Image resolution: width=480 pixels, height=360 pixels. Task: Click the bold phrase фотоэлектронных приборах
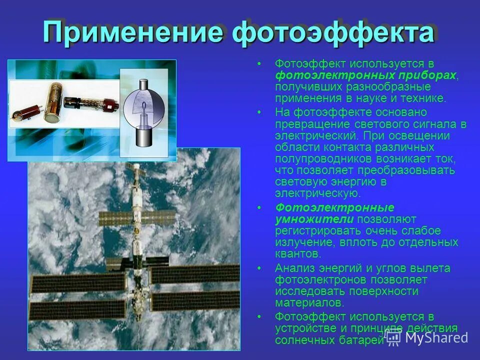coord(365,75)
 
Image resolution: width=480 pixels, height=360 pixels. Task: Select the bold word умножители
coord(314,219)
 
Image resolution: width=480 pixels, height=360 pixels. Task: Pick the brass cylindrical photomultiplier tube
coord(52,102)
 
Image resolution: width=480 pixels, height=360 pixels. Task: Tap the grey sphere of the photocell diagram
coord(144,107)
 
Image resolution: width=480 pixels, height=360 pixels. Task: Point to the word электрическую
coord(317,193)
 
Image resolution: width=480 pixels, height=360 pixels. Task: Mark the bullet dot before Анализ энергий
coord(259,268)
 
